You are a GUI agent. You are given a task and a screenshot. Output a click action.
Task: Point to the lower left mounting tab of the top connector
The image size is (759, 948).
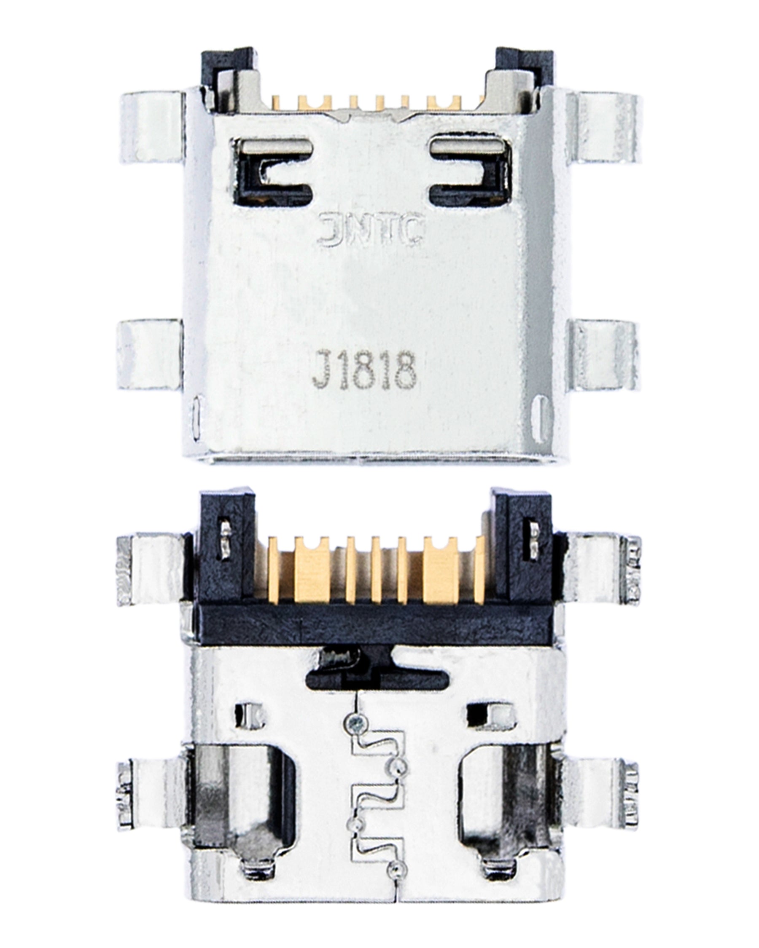pos(150,355)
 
